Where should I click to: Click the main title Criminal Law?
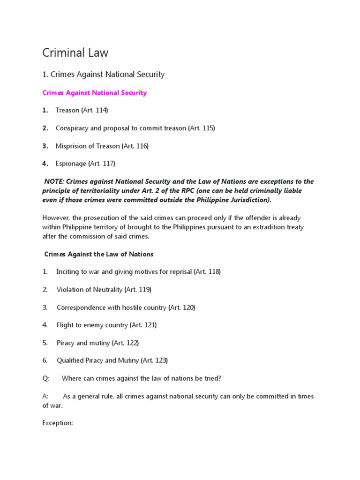(x=75, y=53)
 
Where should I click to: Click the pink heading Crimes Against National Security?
(x=94, y=93)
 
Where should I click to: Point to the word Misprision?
(x=72, y=146)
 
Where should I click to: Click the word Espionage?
(x=71, y=164)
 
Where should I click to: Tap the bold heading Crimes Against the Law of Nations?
(x=98, y=254)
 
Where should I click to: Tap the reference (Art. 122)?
(x=125, y=343)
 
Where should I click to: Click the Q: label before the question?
(x=45, y=378)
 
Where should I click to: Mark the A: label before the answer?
(x=45, y=396)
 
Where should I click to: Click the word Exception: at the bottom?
(x=58, y=423)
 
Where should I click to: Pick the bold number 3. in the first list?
(x=45, y=146)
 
